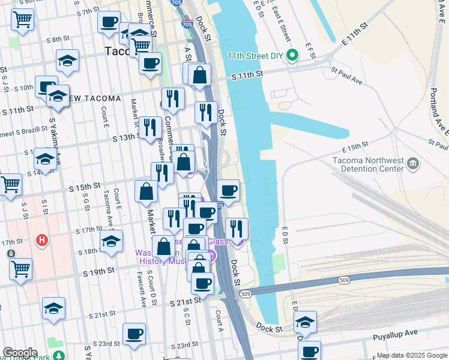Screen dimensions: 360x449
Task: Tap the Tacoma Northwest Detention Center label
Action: pos(369,164)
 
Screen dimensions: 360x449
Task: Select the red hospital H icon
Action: pos(41,241)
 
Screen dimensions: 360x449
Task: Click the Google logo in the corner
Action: pos(20,353)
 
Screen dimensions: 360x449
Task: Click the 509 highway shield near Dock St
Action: pos(245,294)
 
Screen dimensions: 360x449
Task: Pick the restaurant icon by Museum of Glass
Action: pos(237,228)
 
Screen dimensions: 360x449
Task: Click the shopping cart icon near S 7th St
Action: pos(22,19)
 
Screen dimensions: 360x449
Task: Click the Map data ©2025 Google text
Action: pos(412,355)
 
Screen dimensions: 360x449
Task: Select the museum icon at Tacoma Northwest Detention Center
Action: pos(412,163)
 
